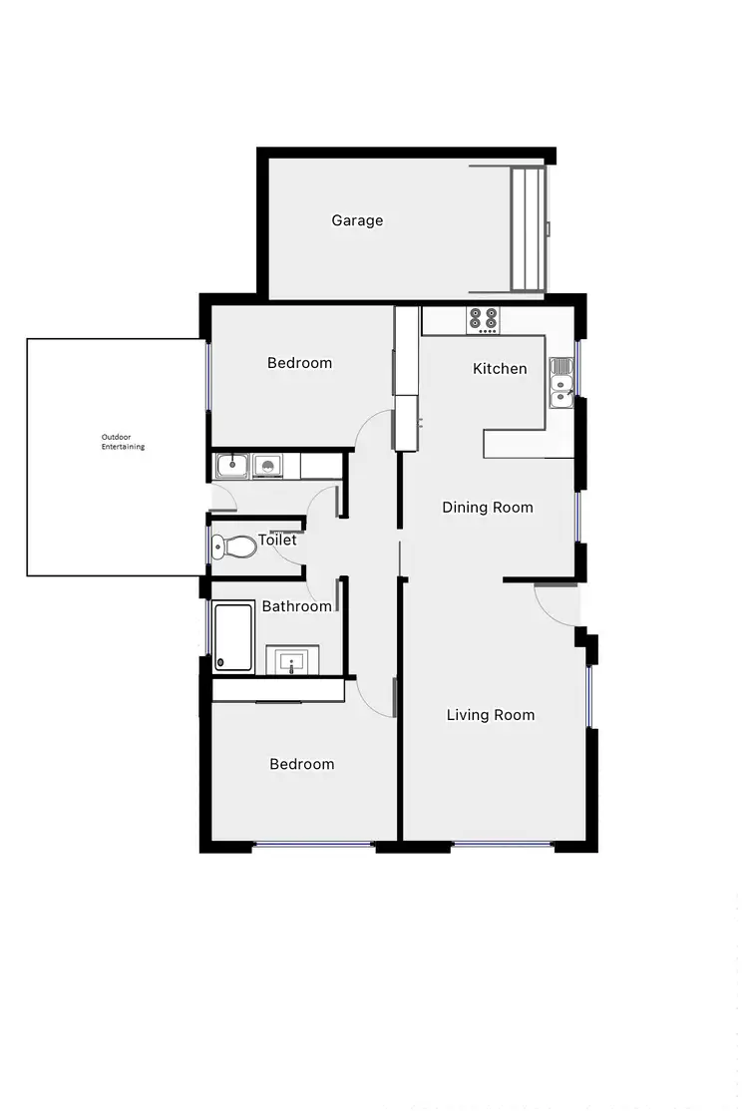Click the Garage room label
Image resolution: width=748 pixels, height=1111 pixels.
[x=357, y=220]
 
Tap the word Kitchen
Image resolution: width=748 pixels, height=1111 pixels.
[x=500, y=369]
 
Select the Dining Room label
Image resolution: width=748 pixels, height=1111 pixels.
[x=488, y=508]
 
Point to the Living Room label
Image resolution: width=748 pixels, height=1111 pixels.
[x=491, y=715]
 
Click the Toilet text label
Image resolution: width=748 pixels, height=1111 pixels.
[x=277, y=541]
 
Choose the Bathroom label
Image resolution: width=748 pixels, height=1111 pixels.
[x=296, y=606]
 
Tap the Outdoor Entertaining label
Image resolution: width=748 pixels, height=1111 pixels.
[x=123, y=442]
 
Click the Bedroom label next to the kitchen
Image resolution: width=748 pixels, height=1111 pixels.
[x=299, y=363]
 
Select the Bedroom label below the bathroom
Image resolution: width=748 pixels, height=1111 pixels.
[x=302, y=765]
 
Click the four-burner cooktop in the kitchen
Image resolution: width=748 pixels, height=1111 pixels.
[x=484, y=320]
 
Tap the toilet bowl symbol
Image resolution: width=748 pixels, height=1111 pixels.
[x=233, y=547]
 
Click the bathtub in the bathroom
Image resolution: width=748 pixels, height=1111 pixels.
[x=234, y=636]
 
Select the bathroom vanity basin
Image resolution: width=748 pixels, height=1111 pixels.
[x=293, y=660]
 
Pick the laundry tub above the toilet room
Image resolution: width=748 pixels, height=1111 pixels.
[x=233, y=464]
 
